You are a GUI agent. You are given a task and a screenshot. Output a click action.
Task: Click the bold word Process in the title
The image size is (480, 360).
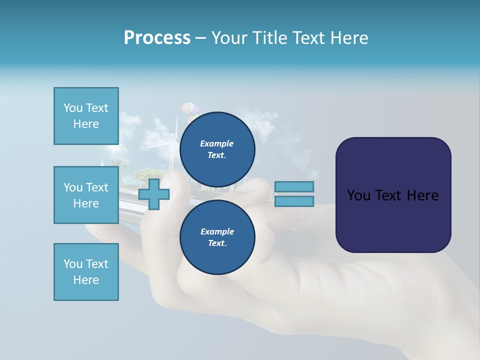[157, 38]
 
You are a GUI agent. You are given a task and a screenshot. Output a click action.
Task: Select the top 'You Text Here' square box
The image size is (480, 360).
[86, 116]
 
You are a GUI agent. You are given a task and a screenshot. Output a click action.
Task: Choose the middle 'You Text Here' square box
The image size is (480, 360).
[86, 195]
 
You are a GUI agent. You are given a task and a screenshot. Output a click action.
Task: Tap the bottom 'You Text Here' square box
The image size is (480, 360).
[86, 272]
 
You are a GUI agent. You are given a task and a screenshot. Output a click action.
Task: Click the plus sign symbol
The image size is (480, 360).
[153, 194]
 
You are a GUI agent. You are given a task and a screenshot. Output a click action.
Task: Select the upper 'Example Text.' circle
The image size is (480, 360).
[217, 149]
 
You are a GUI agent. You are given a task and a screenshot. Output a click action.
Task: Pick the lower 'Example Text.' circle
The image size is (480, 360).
[217, 237]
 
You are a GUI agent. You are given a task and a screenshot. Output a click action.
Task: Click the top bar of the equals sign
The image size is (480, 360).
[294, 186]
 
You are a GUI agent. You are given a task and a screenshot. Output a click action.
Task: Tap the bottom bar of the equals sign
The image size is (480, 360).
[294, 201]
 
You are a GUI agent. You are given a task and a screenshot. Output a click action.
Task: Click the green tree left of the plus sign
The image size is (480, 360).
[147, 173]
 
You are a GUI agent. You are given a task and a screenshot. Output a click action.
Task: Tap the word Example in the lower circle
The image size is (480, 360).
[217, 231]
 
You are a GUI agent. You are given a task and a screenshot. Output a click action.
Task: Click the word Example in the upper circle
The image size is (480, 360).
[217, 143]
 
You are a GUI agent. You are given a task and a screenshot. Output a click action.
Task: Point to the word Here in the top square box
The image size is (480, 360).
[86, 124]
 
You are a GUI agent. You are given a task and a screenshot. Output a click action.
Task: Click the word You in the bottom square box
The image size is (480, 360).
[72, 264]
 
